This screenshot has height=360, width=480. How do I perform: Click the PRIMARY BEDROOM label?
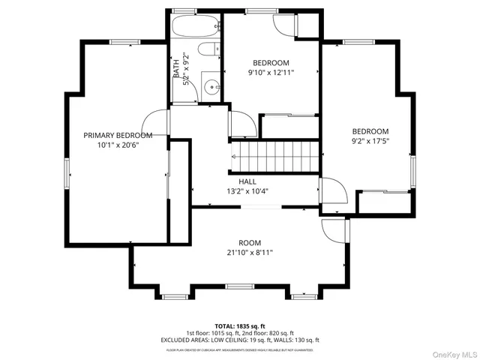click(118, 135)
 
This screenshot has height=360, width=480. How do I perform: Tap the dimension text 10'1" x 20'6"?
click(118, 145)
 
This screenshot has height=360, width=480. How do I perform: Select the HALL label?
click(247, 181)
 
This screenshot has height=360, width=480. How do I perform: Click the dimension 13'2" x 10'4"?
click(247, 191)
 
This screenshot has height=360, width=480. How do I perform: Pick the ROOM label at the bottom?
click(250, 242)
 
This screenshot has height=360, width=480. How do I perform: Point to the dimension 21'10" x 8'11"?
click(250, 253)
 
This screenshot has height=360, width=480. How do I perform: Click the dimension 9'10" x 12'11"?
click(271, 73)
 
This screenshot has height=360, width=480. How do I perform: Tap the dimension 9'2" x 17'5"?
click(370, 140)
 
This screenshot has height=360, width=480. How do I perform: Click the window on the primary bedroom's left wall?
click(67, 172)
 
